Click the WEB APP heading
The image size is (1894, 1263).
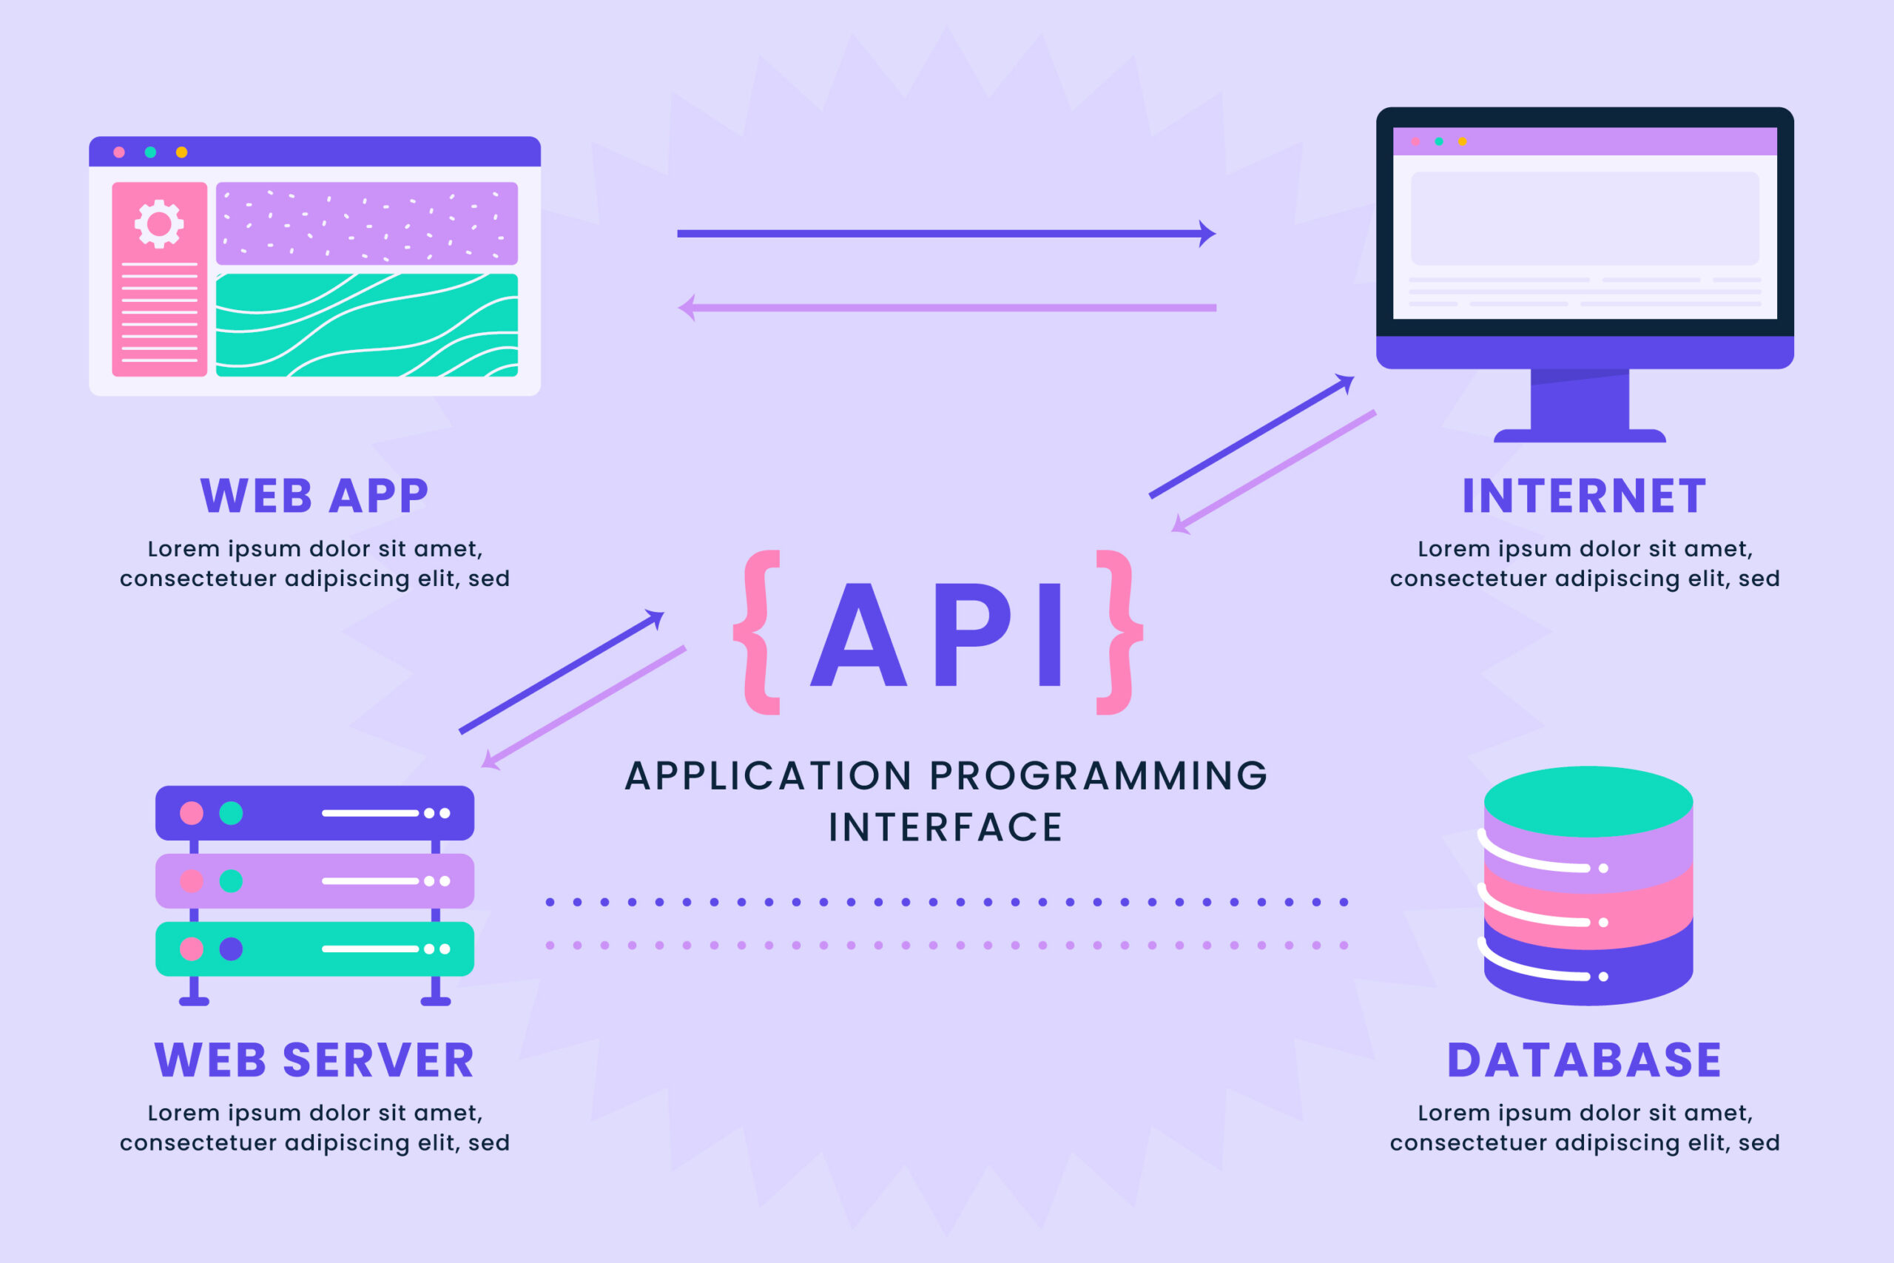click(x=314, y=496)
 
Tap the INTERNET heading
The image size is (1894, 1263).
click(x=1583, y=496)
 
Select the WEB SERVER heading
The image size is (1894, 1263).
click(x=314, y=1060)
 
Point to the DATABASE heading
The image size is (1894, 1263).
click(x=1583, y=1060)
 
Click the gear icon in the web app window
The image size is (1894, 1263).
click(x=158, y=223)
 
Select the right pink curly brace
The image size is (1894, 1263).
click(x=1119, y=633)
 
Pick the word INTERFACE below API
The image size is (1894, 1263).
click(x=946, y=828)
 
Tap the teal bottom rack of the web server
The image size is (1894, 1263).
click(x=314, y=949)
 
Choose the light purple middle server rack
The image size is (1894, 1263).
click(x=314, y=881)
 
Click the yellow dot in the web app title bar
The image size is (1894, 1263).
click(x=182, y=152)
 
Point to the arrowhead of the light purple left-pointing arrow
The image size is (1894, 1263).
click(x=687, y=308)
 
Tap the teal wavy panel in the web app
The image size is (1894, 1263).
click(x=366, y=325)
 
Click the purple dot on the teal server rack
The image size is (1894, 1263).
click(x=231, y=949)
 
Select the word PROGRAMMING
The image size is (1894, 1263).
click(x=1099, y=776)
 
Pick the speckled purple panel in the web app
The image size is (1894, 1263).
click(x=366, y=223)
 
